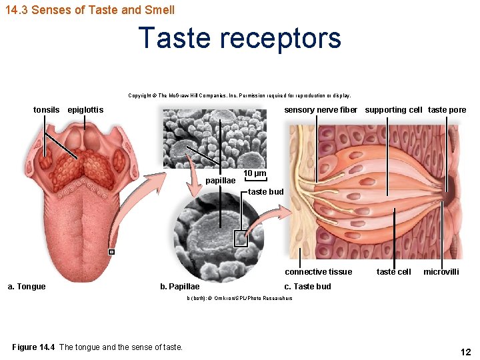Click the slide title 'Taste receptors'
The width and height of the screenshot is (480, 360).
coord(240,38)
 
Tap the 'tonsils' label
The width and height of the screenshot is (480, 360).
coord(47,109)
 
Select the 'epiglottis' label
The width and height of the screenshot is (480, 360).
coord(85,109)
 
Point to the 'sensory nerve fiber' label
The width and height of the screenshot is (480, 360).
coord(321,109)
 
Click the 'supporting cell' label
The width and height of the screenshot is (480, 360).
coord(393,109)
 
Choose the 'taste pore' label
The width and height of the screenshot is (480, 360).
coord(447,109)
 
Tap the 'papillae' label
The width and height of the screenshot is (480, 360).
coord(221,181)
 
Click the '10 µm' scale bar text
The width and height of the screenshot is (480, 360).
coord(255,173)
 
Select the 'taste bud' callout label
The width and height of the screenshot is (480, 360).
coord(266,192)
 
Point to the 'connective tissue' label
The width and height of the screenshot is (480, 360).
coord(318,271)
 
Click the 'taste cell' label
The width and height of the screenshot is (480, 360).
coord(393,271)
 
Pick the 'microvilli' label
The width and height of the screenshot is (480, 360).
coord(441,271)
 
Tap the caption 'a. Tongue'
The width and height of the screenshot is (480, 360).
coord(27,287)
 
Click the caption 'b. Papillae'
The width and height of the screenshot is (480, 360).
coord(179,287)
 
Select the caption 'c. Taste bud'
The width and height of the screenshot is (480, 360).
coord(307,287)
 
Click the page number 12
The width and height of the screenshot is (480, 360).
coord(465,352)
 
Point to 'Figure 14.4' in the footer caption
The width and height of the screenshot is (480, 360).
coord(34,347)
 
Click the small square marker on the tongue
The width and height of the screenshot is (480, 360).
coord(112,252)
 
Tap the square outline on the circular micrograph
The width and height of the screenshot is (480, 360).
coord(241,239)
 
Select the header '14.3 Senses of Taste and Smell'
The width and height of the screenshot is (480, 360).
coord(90,9)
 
